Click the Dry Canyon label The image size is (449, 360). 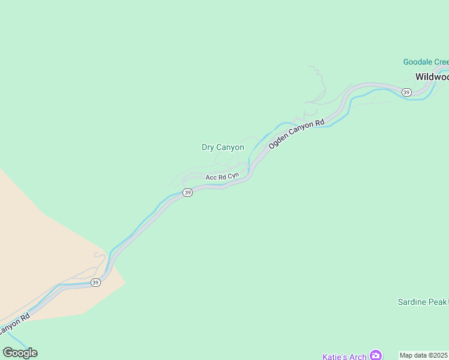223,147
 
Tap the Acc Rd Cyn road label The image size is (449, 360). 222,177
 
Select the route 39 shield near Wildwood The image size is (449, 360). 406,92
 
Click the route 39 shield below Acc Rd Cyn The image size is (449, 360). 188,193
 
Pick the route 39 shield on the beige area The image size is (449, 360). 95,282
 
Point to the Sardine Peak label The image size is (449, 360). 423,302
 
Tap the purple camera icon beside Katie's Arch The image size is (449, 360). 376,355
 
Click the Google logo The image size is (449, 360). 20,353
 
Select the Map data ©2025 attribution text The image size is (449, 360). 424,355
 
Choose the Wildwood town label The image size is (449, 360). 432,77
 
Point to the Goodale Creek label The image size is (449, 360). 426,62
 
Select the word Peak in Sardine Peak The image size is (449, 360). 438,302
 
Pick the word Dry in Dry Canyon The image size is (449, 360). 208,147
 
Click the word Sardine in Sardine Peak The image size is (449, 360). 412,302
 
